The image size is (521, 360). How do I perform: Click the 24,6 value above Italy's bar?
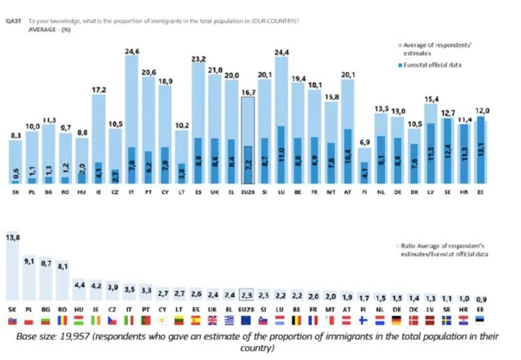(x=132, y=51)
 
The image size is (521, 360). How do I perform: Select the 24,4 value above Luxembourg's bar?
(x=282, y=52)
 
